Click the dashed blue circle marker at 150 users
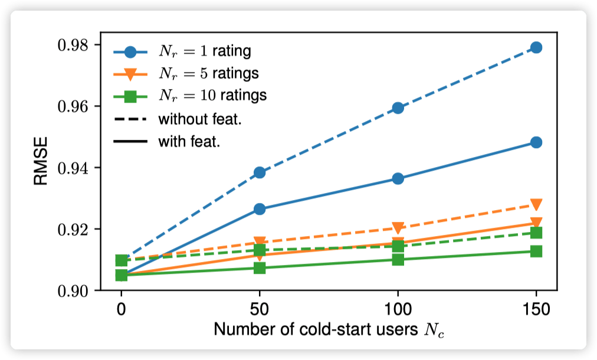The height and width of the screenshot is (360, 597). pos(536,47)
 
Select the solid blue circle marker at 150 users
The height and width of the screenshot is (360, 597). pos(536,142)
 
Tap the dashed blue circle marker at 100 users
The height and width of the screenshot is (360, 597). pos(398,108)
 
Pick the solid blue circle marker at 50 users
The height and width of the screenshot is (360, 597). pos(260,209)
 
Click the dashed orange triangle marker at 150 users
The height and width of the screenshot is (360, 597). pos(536,205)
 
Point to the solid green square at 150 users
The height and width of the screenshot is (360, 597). pos(536,251)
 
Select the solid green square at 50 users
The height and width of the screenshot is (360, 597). pos(260,268)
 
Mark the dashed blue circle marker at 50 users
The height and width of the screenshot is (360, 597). pos(260,172)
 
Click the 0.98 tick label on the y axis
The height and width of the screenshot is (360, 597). pos(74,45)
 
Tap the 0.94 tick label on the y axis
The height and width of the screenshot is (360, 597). pos(74,168)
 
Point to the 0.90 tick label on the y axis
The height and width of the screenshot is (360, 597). pos(74,291)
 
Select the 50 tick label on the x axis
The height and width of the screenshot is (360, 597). pos(260,309)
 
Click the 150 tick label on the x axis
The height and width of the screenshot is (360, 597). pos(536,309)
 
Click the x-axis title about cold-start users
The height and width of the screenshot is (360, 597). pos(329,329)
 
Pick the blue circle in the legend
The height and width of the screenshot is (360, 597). pos(131,52)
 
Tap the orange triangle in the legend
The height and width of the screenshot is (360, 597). pos(131,74)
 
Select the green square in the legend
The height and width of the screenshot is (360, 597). pos(131,95)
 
